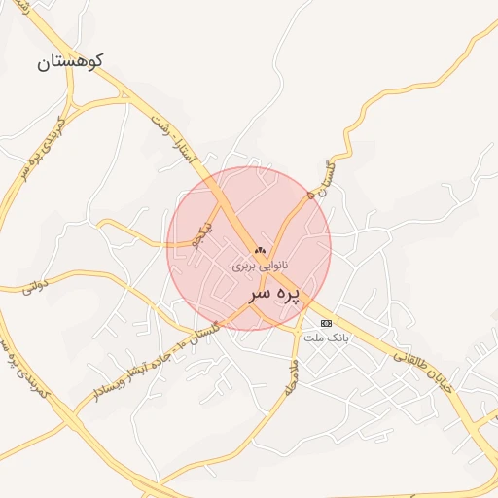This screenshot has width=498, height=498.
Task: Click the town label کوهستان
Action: tap(70, 62)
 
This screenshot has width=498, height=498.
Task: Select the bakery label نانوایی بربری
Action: tap(261, 266)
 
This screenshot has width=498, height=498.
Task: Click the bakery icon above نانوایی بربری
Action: tap(260, 251)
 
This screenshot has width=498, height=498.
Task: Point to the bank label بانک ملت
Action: tap(325, 338)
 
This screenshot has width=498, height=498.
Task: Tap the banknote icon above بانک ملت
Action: tap(326, 323)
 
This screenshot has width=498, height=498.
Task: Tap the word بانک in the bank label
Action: tap(336, 338)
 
